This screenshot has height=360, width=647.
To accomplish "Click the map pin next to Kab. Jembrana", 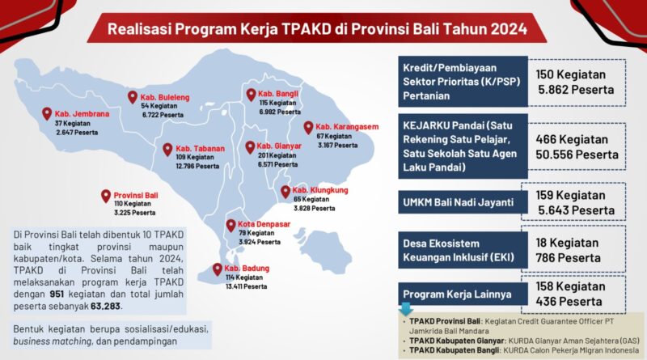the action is [x=47, y=113].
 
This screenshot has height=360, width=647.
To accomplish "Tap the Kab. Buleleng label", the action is [x=165, y=97].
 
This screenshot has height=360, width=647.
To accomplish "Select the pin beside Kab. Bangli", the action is [x=251, y=95].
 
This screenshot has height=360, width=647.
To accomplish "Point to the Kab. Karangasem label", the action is [x=347, y=127].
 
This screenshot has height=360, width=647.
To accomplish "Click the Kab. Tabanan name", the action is [x=200, y=148].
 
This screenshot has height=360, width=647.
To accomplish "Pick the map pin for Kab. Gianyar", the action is [x=250, y=147].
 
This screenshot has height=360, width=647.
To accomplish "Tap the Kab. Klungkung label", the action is [x=320, y=190].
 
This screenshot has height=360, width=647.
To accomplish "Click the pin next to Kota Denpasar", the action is [x=231, y=226].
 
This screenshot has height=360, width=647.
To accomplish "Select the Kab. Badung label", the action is [x=247, y=269].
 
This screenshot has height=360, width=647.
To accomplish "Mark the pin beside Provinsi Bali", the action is [x=106, y=196].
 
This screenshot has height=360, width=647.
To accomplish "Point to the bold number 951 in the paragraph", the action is [x=57, y=294].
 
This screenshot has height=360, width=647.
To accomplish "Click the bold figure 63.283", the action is [x=106, y=307].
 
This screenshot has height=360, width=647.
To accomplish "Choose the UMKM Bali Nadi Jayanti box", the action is [x=463, y=202].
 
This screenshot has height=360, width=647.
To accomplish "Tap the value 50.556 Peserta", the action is [x=577, y=155].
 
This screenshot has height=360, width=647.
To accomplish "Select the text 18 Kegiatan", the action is [x=567, y=243].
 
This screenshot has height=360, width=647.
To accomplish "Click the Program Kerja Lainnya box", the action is [x=463, y=294].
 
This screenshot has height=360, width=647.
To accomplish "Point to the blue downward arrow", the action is [x=405, y=309].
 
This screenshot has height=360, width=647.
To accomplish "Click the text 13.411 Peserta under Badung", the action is [x=246, y=286].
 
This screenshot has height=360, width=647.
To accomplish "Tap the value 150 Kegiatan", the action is [x=571, y=74].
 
